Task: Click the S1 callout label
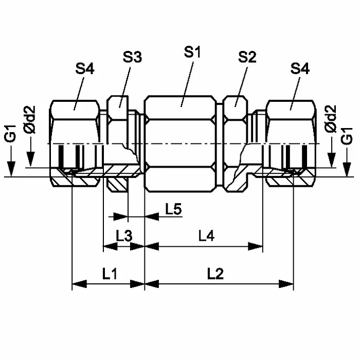(192, 52)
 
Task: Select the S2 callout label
(247, 57)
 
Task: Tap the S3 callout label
(132, 57)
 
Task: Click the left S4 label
(85, 68)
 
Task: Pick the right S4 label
(300, 68)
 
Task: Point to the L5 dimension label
(174, 209)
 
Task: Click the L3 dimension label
(124, 236)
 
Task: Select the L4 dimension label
(206, 236)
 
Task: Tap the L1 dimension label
(110, 274)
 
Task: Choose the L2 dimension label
(215, 274)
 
